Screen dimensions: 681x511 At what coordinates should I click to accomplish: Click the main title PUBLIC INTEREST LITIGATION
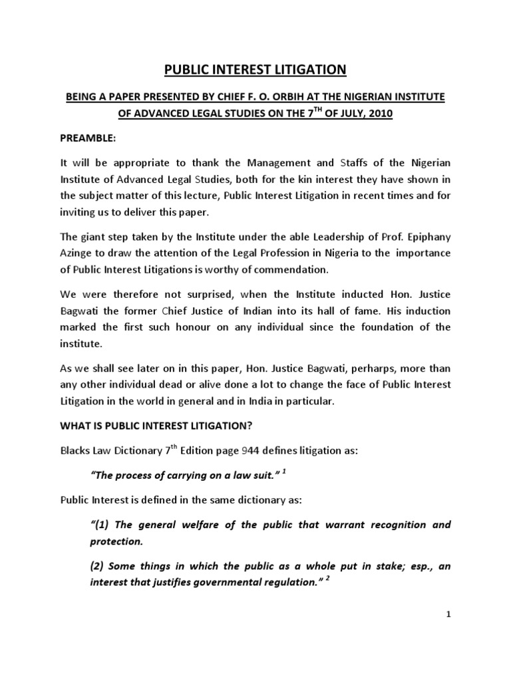(x=256, y=70)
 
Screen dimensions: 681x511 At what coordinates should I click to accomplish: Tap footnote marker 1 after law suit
(x=283, y=472)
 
